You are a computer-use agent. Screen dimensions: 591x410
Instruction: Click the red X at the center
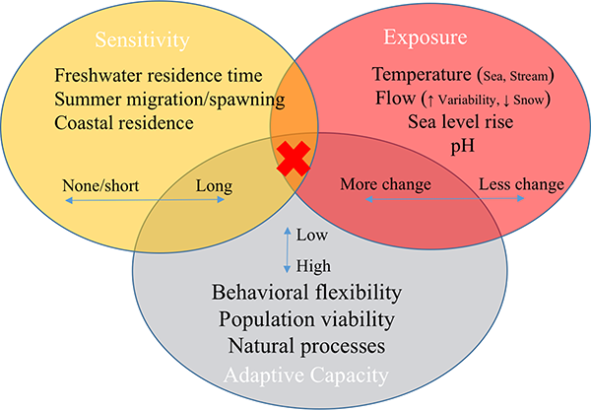tap(294, 159)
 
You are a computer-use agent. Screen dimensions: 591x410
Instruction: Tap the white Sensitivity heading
tap(142, 40)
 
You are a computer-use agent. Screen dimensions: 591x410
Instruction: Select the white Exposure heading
tap(426, 37)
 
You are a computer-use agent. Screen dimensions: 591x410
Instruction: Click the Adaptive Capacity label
tap(306, 376)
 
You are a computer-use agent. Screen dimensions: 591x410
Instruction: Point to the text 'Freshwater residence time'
tap(159, 75)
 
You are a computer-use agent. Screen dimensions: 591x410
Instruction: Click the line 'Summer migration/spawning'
tap(169, 100)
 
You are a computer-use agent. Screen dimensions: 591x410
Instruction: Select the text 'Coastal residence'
tap(124, 123)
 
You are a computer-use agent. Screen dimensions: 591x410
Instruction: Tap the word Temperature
tap(422, 74)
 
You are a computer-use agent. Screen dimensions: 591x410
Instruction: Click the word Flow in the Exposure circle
tap(395, 99)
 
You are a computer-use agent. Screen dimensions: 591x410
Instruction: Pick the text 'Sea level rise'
tap(461, 122)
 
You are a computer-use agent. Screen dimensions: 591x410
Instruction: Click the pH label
tap(463, 146)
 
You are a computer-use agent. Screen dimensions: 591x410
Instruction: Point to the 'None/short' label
tap(100, 185)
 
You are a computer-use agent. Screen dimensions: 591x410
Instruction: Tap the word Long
tap(214, 186)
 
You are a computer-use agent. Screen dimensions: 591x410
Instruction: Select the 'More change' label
tap(385, 184)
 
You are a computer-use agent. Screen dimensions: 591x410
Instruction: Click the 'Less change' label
tap(521, 184)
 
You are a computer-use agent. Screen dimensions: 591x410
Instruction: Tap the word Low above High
tap(311, 235)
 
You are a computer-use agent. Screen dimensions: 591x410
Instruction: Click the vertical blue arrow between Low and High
tap(288, 249)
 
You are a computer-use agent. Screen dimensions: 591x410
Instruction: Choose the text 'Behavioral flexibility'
tap(306, 293)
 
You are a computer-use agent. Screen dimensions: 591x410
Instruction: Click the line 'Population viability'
tap(306, 320)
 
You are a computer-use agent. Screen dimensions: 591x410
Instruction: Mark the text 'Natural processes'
tap(306, 346)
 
